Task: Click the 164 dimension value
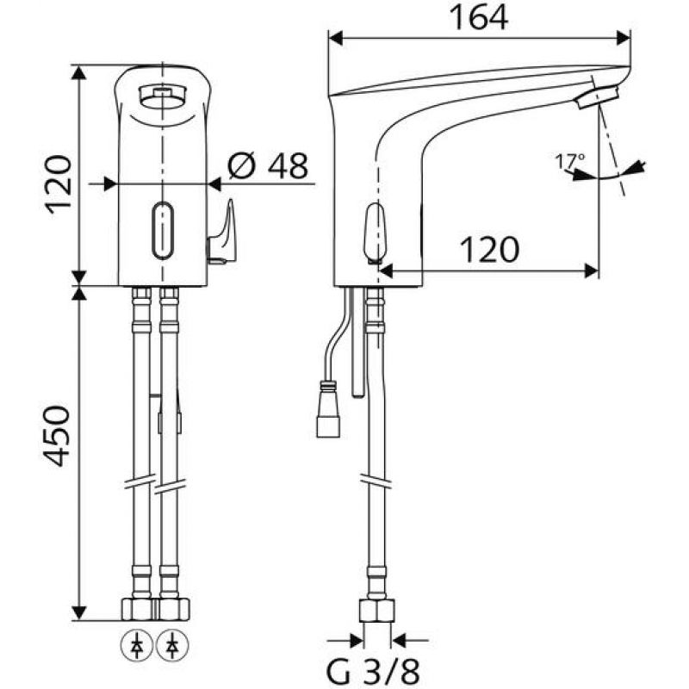(x=479, y=18)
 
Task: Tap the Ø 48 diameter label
(x=268, y=165)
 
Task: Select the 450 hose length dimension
(x=57, y=436)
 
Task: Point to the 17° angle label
(x=570, y=161)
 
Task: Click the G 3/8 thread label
(x=373, y=670)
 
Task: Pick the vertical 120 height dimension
(x=59, y=184)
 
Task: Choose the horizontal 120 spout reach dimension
(x=489, y=250)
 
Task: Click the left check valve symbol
(x=136, y=646)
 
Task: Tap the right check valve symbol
(x=172, y=646)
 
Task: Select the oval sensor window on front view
(x=163, y=230)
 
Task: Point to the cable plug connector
(x=328, y=411)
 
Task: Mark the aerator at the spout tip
(x=598, y=97)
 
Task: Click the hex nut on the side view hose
(x=376, y=611)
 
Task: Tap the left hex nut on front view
(x=138, y=609)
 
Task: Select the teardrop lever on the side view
(x=375, y=233)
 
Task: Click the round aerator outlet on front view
(x=163, y=96)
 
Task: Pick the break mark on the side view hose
(x=376, y=481)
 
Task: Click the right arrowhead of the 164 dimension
(x=624, y=38)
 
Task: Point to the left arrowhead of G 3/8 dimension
(x=357, y=640)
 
